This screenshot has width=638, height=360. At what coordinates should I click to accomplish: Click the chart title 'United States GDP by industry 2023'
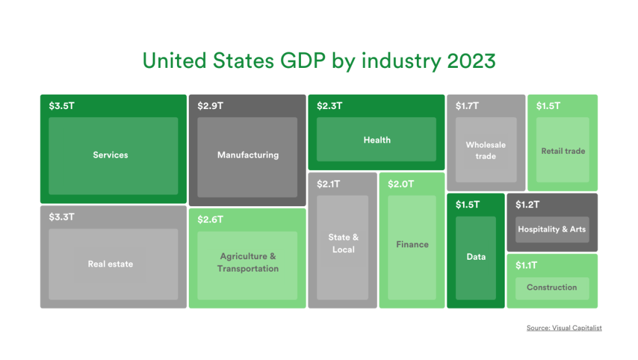click(319, 61)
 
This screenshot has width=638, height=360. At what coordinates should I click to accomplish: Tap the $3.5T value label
click(62, 106)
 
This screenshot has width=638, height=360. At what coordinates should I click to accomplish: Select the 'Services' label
click(110, 155)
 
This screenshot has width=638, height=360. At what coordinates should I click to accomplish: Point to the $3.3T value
click(62, 217)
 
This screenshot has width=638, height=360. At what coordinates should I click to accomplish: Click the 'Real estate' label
click(110, 264)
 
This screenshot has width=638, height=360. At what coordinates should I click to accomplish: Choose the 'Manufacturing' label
click(248, 155)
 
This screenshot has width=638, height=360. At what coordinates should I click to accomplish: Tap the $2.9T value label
click(210, 106)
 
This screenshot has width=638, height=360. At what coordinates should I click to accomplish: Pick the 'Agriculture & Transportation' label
click(248, 262)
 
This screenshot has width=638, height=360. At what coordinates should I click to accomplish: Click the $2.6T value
click(210, 220)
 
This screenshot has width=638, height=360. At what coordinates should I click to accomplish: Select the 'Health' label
click(377, 140)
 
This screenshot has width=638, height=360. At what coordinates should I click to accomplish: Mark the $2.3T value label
click(330, 106)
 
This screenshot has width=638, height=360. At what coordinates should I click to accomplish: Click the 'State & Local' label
click(343, 244)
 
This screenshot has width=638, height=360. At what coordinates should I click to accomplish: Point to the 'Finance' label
click(412, 245)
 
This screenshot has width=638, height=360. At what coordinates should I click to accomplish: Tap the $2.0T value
click(401, 184)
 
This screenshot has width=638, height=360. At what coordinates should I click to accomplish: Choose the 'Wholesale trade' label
click(486, 150)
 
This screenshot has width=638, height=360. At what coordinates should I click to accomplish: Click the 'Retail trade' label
click(563, 151)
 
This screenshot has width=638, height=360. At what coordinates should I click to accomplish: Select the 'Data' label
click(476, 257)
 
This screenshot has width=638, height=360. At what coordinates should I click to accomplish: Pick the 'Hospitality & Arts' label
click(552, 229)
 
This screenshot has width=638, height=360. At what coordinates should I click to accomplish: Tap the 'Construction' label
click(552, 287)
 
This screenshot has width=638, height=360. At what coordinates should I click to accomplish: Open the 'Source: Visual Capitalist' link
click(564, 328)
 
